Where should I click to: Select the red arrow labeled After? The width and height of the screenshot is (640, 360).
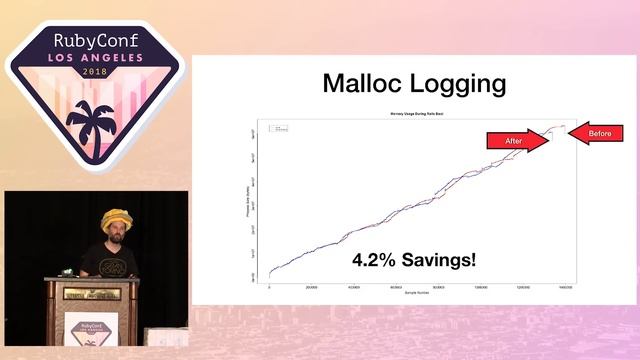point(517,142)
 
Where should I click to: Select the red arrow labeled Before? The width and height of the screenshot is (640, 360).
point(597,132)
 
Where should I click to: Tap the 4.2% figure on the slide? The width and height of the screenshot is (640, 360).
point(378,260)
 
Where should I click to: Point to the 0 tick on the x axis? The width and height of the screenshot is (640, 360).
point(269,286)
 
